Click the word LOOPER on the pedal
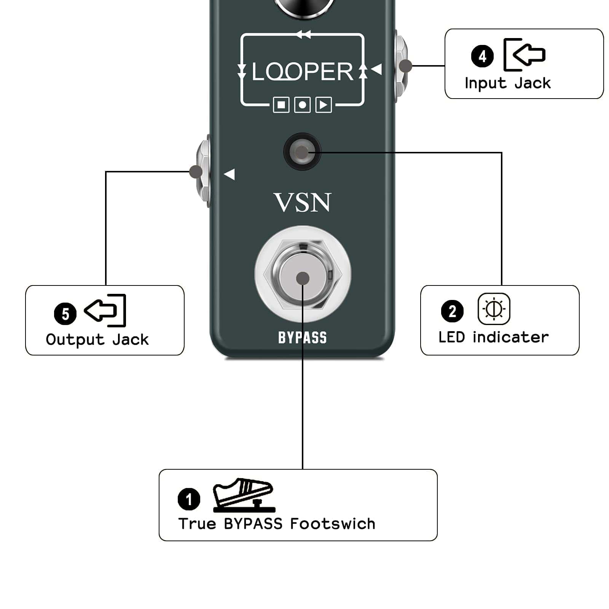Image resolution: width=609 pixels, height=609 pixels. click(x=303, y=72)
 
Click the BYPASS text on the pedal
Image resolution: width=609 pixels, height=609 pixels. click(x=303, y=338)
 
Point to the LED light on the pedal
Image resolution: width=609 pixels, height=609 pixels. click(x=302, y=152)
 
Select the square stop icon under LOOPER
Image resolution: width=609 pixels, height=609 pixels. click(x=281, y=105)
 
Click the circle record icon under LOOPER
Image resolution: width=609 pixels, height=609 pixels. click(x=303, y=105)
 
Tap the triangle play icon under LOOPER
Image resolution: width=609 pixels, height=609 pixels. click(x=324, y=105)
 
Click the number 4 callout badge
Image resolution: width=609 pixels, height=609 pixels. click(x=482, y=56)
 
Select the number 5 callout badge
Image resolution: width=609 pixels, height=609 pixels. click(x=65, y=314)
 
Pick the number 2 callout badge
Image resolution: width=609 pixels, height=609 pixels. click(x=452, y=311)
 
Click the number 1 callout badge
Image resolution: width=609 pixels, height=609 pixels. click(x=189, y=499)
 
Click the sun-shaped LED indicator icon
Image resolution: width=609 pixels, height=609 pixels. click(x=494, y=309)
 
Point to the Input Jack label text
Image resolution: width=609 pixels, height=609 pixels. click(x=508, y=83)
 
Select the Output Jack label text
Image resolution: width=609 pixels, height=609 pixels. click(x=97, y=340)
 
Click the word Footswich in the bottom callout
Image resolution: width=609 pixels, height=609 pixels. click(x=333, y=524)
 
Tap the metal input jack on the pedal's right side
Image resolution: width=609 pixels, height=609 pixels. click(x=400, y=67)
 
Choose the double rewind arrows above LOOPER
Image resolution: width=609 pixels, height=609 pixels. click(x=303, y=35)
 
